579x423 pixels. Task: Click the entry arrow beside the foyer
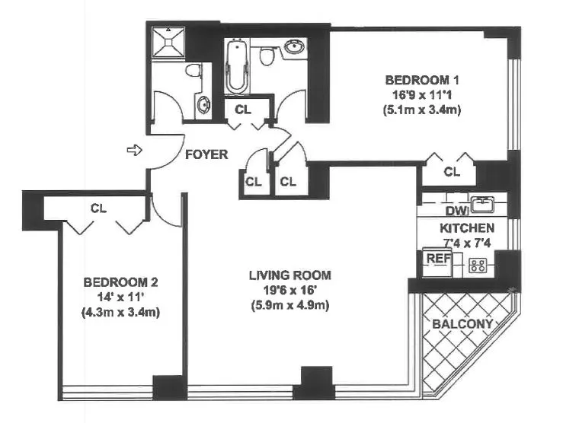coord(134,151)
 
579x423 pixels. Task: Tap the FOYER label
coord(206,154)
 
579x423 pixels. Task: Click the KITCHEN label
coord(467,227)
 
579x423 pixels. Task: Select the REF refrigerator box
coord(438,259)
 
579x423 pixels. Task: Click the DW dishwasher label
coord(456,211)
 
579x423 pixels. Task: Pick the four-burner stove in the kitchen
coord(478,265)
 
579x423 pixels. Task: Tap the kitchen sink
coord(481,203)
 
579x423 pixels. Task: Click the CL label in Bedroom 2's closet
coord(98,207)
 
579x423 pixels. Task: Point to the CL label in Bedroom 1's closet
coord(452,172)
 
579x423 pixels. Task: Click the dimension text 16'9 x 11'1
coord(423,94)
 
